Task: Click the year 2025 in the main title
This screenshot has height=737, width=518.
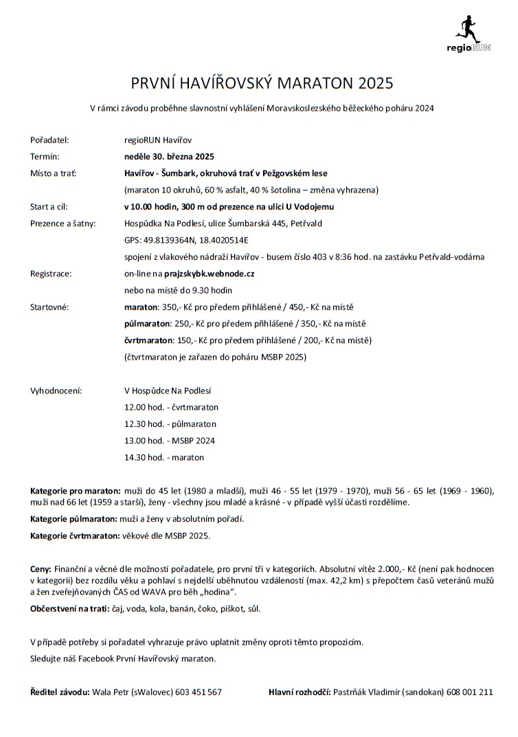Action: (x=375, y=84)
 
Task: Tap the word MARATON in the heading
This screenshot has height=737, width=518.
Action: (x=313, y=84)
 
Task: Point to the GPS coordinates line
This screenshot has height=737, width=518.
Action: (x=186, y=240)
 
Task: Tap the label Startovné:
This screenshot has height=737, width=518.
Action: (x=49, y=307)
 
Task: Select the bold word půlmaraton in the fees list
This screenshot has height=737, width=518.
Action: (x=146, y=323)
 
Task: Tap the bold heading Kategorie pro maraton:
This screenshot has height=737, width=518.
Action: (x=75, y=491)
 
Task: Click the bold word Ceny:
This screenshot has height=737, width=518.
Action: (x=41, y=569)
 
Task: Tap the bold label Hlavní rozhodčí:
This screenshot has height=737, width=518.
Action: (x=300, y=692)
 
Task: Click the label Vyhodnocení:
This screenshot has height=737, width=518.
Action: (x=56, y=390)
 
